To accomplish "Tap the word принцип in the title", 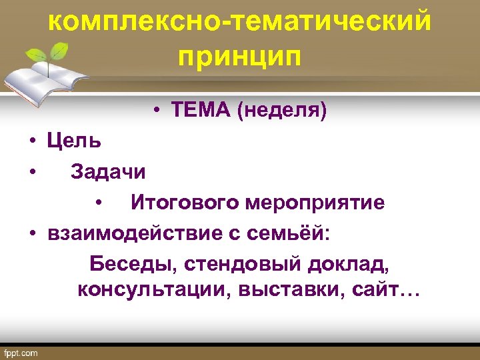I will point(239,56).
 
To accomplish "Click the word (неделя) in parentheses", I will point(281,112).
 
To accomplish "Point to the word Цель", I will point(74,141).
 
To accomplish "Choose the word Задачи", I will point(108,172).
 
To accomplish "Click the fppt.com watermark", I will point(21,353).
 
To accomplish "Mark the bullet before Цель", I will point(32,142).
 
